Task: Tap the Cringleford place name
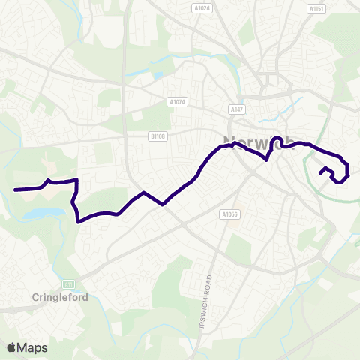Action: (60, 297)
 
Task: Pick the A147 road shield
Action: (238, 109)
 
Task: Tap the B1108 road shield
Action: (157, 136)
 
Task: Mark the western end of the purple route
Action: (15, 190)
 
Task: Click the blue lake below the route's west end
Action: (39, 214)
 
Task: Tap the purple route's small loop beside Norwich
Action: (276, 140)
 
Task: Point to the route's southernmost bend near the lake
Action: (79, 220)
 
